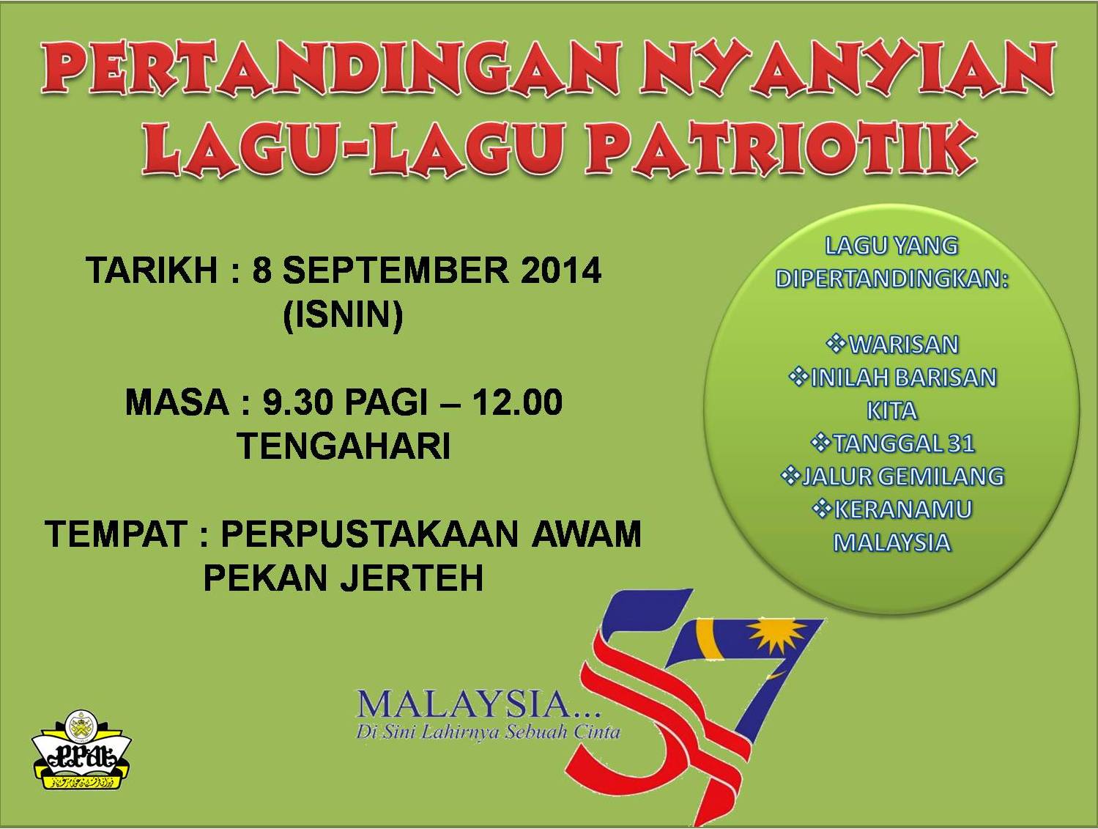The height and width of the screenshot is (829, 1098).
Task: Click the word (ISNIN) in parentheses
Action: click(x=343, y=316)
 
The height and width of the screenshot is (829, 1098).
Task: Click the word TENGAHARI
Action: click(x=343, y=446)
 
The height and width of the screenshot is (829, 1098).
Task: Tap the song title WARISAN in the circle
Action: click(x=903, y=345)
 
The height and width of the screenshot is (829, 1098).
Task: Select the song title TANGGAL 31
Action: click(x=903, y=443)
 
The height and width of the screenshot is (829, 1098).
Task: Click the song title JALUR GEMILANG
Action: click(x=903, y=476)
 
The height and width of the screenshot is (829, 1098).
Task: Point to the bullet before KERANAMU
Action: click(x=822, y=509)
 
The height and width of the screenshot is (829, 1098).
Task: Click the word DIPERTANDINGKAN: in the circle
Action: click(x=892, y=279)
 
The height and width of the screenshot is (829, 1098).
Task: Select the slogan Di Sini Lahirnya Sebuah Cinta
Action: click(x=488, y=732)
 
